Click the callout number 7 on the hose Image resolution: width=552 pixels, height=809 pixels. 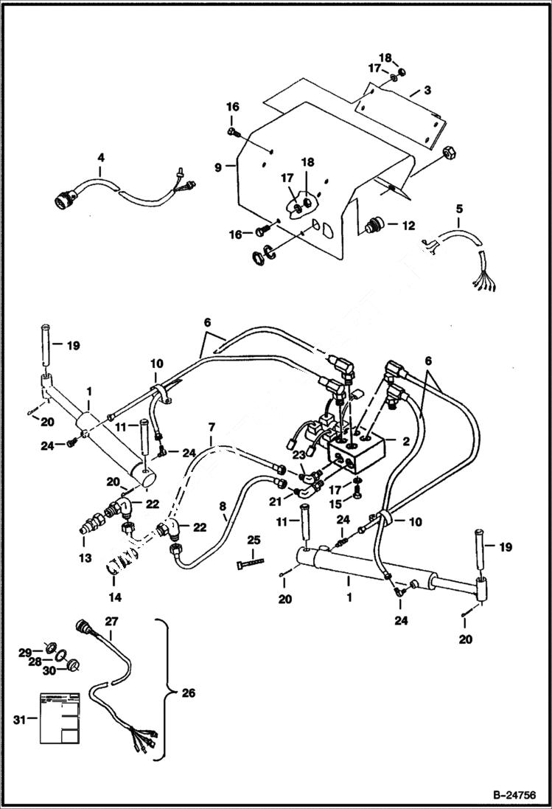(x=212, y=428)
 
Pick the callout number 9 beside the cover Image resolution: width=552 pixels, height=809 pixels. (x=218, y=167)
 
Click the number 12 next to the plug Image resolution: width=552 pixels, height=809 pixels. (x=408, y=224)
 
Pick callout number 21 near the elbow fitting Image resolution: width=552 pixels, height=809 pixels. (x=276, y=501)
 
